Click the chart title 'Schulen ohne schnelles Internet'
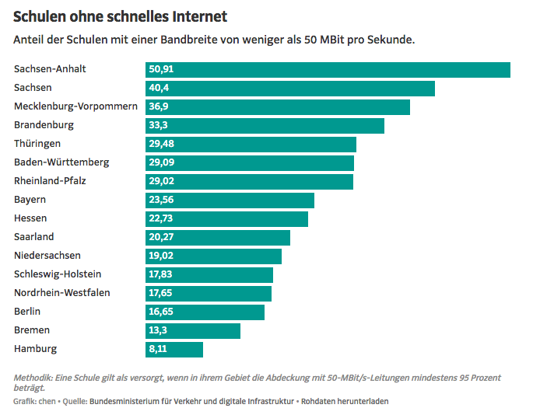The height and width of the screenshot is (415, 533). click(121, 16)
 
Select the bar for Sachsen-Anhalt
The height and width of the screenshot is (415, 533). click(328, 70)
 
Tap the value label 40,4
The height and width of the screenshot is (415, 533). click(160, 89)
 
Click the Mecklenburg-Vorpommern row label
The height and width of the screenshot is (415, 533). click(75, 106)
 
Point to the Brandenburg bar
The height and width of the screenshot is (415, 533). click(265, 126)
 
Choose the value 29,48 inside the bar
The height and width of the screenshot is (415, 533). click(161, 145)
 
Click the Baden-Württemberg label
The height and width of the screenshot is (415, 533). click(61, 162)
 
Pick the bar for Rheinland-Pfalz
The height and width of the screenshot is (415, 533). click(249, 182)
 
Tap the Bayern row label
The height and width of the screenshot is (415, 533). click(30, 200)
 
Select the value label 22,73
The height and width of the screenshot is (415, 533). click(161, 219)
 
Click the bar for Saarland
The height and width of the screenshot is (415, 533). click(218, 238)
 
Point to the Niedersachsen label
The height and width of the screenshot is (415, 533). click(47, 256)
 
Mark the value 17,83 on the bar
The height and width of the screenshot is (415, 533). click(161, 275)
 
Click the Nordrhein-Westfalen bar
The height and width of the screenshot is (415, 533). click(209, 294)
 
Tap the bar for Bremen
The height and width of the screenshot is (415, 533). click(193, 331)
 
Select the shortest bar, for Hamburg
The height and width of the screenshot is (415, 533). click(174, 350)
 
